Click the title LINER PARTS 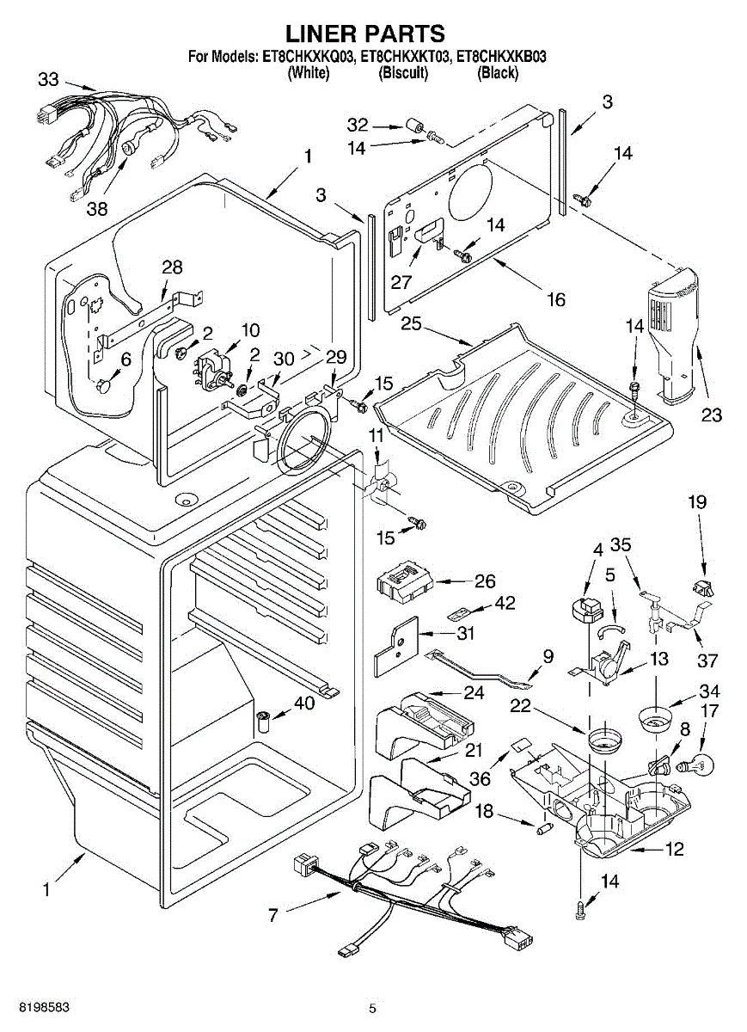click(x=364, y=34)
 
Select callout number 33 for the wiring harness click(x=49, y=81)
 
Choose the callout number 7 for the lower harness click(x=273, y=914)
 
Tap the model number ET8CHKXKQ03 click(x=305, y=58)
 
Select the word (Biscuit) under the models click(x=403, y=73)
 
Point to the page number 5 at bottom click(x=372, y=1008)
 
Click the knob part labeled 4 click(x=587, y=605)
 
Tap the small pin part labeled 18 click(x=543, y=829)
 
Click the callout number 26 click(x=485, y=581)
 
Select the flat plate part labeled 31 click(x=395, y=648)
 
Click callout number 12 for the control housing click(x=674, y=850)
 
